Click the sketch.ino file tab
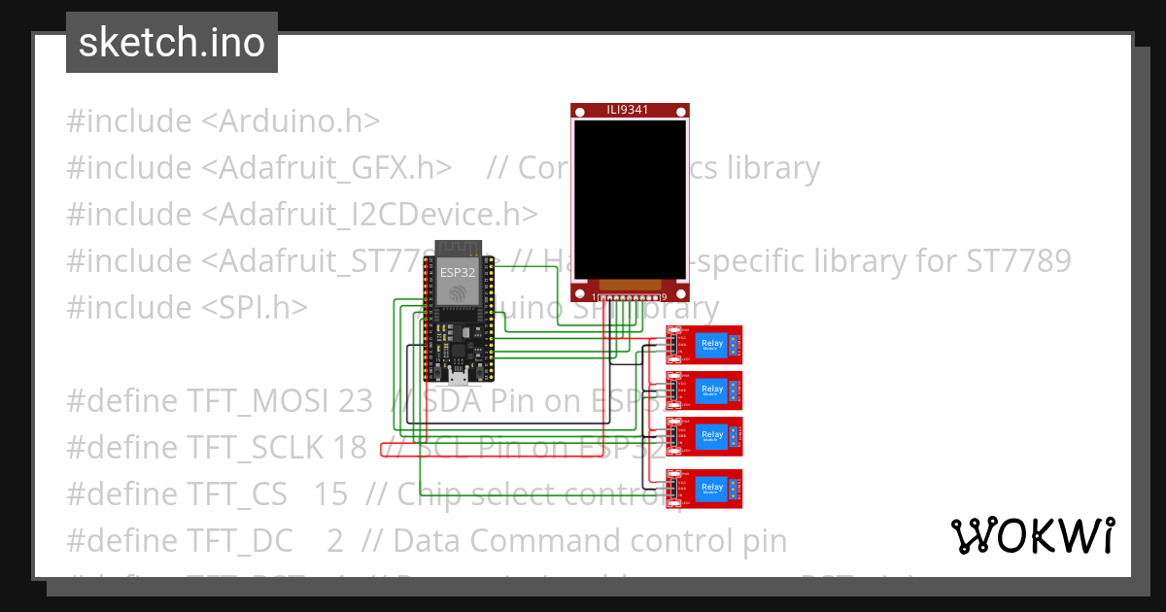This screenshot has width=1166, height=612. click(172, 43)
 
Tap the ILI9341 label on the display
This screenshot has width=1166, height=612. click(630, 110)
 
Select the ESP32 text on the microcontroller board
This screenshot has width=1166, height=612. click(457, 270)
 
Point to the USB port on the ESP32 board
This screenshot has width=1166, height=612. click(458, 377)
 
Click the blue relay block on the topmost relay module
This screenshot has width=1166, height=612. click(712, 345)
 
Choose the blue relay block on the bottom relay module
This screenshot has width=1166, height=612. click(712, 488)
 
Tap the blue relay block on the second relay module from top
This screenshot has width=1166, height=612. click(712, 391)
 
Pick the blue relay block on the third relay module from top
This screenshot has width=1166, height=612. click(712, 436)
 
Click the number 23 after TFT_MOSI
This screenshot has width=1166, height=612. click(356, 401)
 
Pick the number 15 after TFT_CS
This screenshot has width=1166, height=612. click(330, 494)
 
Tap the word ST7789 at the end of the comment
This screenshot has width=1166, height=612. click(1018, 261)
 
